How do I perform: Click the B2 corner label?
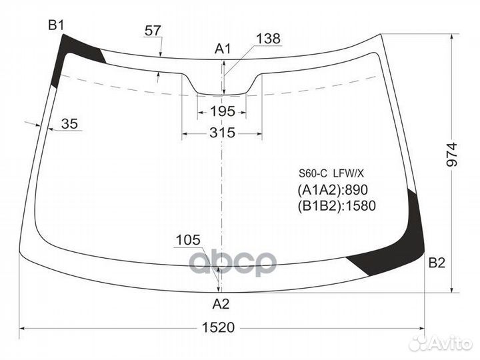click(436, 263)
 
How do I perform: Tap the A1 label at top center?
click(222, 48)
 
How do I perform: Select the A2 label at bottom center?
click(221, 304)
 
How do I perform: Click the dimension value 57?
click(153, 30)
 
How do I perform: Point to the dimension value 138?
click(268, 39)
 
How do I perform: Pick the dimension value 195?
click(222, 111)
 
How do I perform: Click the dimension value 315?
click(222, 133)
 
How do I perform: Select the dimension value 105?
click(189, 240)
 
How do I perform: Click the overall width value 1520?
click(223, 328)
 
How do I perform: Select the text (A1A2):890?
click(333, 189)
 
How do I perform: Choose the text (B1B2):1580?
click(337, 206)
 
